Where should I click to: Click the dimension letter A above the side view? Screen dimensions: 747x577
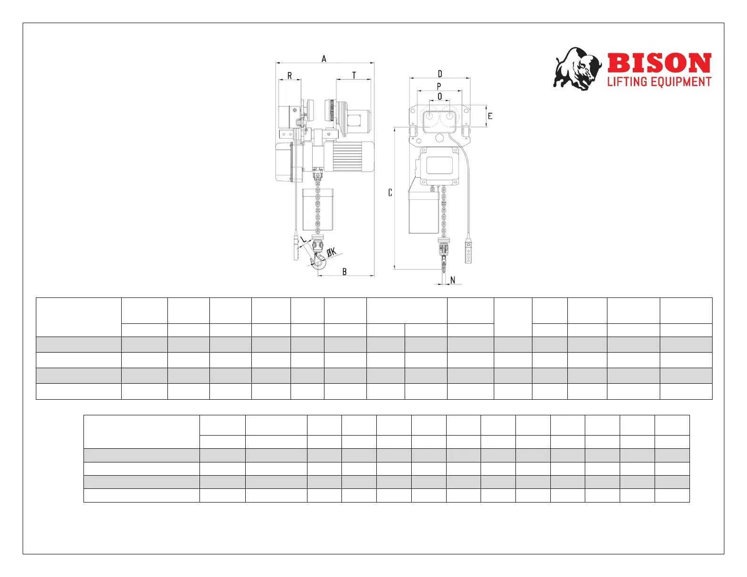click(x=324, y=59)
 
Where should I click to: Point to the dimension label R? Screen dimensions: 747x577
click(x=290, y=75)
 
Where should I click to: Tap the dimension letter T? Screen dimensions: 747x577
click(x=354, y=75)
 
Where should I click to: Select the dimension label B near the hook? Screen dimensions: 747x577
click(x=344, y=272)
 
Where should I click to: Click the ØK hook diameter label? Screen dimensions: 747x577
click(x=332, y=252)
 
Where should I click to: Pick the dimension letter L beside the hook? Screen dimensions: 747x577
click(x=303, y=239)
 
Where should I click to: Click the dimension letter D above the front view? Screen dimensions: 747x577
click(x=440, y=74)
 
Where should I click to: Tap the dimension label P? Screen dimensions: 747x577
click(x=439, y=86)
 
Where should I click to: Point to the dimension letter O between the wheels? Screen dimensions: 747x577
click(x=440, y=97)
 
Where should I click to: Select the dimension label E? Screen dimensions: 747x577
click(x=490, y=116)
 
